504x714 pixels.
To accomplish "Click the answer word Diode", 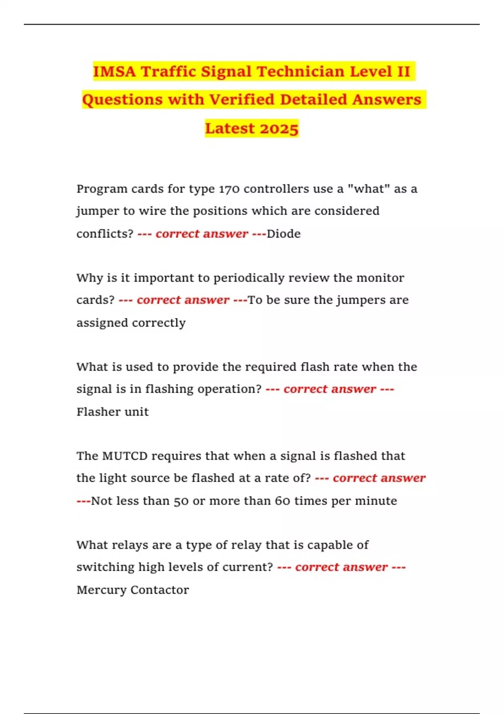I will click(x=283, y=234).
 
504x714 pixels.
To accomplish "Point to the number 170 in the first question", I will click(x=229, y=189).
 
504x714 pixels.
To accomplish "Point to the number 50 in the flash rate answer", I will click(x=181, y=501).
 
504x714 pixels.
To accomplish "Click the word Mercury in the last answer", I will click(x=101, y=590).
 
